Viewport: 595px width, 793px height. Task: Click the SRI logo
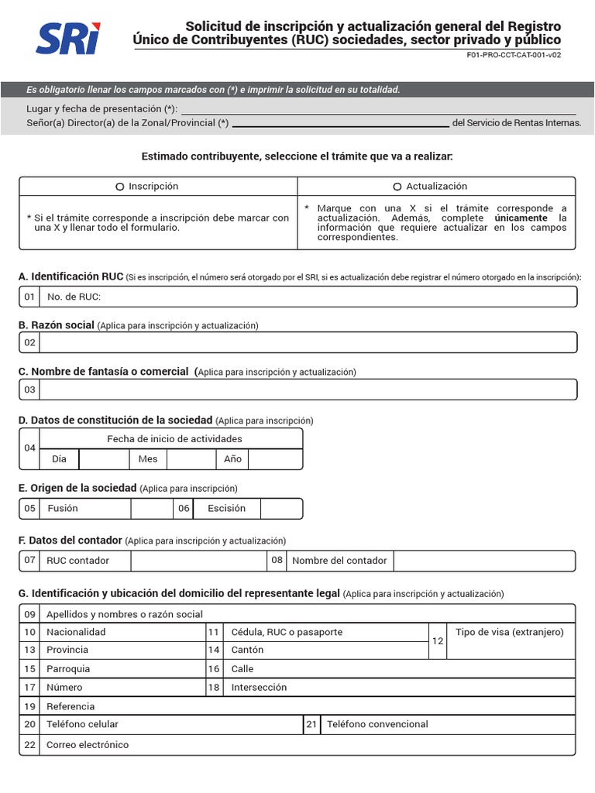coord(69,37)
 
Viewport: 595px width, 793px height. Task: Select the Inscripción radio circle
coord(119,187)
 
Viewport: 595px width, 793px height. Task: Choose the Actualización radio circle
coord(397,187)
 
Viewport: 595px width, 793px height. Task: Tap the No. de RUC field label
coord(74,297)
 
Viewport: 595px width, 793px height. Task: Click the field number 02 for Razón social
coord(29,342)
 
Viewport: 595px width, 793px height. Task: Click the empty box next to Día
coord(104,459)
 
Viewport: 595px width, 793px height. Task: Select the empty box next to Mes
coord(191,459)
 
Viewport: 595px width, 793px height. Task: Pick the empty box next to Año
coord(274,459)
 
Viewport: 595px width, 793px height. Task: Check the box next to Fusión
coord(151,509)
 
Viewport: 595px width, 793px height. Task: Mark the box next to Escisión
coord(280,509)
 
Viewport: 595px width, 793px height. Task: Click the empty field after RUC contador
coord(198,561)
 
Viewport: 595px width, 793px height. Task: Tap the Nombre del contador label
coord(339,561)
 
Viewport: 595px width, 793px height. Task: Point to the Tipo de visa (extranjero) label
coord(510,632)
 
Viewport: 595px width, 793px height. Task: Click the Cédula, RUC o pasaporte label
coord(287,632)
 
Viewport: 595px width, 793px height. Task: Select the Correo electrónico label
coord(88,745)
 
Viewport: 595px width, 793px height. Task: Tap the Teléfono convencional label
coord(377,724)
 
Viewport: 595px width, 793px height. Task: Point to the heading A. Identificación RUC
coord(71,276)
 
